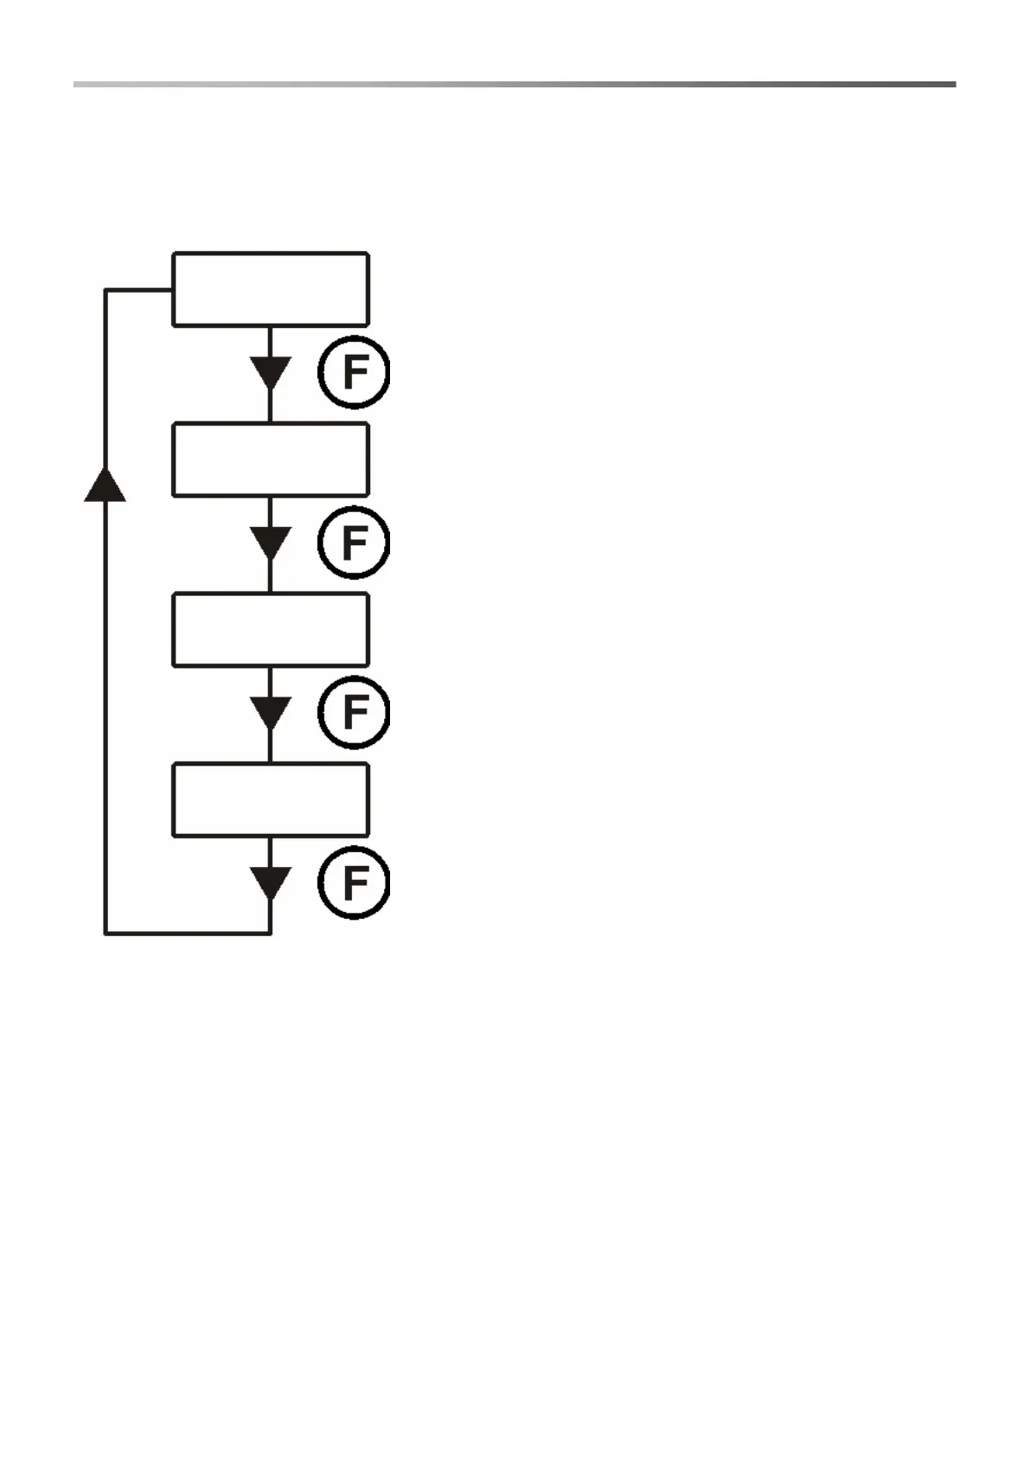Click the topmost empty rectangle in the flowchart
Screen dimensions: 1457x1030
(x=271, y=289)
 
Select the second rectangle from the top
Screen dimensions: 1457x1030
(x=271, y=459)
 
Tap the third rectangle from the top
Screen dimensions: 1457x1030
(x=271, y=630)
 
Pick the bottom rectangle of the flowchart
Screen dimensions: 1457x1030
(x=271, y=799)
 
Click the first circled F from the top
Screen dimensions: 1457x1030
(x=354, y=373)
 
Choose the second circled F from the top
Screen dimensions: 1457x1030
(x=354, y=543)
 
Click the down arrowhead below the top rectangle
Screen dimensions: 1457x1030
(x=271, y=373)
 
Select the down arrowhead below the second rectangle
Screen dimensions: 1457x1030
(x=271, y=543)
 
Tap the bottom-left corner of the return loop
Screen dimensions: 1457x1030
(x=106, y=934)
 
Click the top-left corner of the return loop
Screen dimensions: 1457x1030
(x=106, y=291)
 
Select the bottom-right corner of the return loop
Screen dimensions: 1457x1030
(x=271, y=934)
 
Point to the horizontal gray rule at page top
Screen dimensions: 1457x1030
(x=515, y=85)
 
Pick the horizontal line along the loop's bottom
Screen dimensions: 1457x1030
(x=188, y=934)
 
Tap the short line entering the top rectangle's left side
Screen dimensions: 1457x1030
(x=139, y=291)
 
